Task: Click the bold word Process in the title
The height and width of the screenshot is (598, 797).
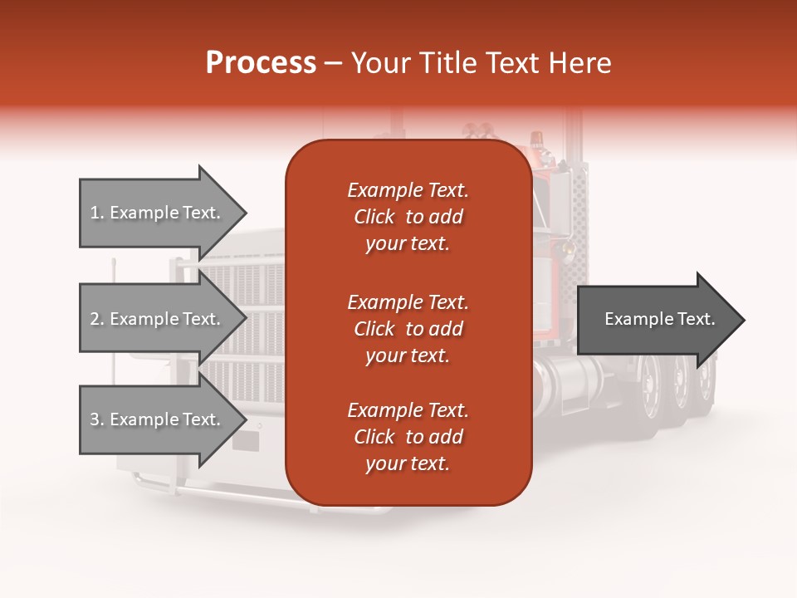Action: pyautogui.click(x=261, y=63)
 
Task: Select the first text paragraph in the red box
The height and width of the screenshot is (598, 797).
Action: pyautogui.click(x=408, y=217)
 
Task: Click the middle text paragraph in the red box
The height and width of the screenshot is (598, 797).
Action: pyautogui.click(x=408, y=329)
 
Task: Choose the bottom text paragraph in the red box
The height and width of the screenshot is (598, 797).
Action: pyautogui.click(x=408, y=437)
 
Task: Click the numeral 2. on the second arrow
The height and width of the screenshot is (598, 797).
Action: pyautogui.click(x=97, y=319)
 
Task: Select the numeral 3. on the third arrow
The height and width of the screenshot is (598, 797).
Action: pyautogui.click(x=97, y=419)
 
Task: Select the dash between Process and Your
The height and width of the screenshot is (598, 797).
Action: pyautogui.click(x=334, y=63)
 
